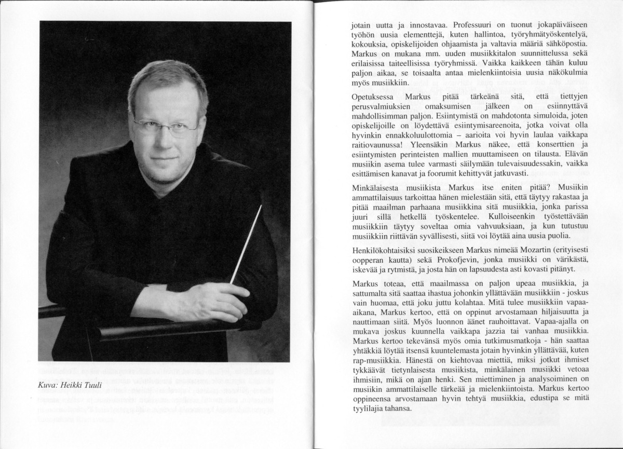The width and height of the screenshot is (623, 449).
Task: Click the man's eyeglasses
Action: coord(166,124)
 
